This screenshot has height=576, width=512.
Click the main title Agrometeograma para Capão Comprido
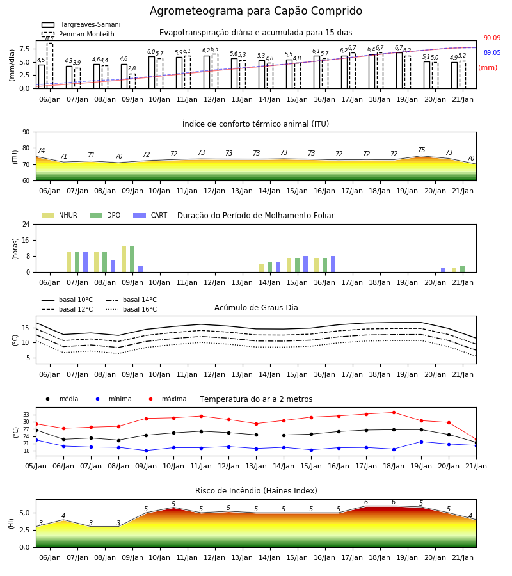[x=255, y=11]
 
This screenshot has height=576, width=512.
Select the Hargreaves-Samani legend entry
[x=81, y=24]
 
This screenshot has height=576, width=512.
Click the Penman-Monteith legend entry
[x=78, y=34]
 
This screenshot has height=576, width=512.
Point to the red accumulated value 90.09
[x=492, y=38]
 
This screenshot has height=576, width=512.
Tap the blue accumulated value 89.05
[x=492, y=52]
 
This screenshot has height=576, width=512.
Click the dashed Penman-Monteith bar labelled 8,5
[x=49, y=66]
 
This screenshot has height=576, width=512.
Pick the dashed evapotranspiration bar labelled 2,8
[x=132, y=81]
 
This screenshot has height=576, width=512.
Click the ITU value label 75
[x=421, y=150]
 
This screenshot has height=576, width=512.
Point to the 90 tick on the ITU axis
[x=26, y=132]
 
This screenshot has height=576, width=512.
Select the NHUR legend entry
[x=60, y=215]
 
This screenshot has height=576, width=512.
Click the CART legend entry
[x=150, y=215]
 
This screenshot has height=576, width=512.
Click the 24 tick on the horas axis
[x=26, y=224]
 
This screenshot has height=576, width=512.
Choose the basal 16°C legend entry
[x=131, y=309]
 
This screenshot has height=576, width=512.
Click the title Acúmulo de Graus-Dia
[x=256, y=308]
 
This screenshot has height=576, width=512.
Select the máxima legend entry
[x=165, y=399]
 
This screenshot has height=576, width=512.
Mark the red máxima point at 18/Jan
[x=394, y=413]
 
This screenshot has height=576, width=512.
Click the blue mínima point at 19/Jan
[x=421, y=442]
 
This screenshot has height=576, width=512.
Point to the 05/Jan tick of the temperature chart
[x=36, y=466]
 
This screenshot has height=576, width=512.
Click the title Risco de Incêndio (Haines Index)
[x=256, y=491]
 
